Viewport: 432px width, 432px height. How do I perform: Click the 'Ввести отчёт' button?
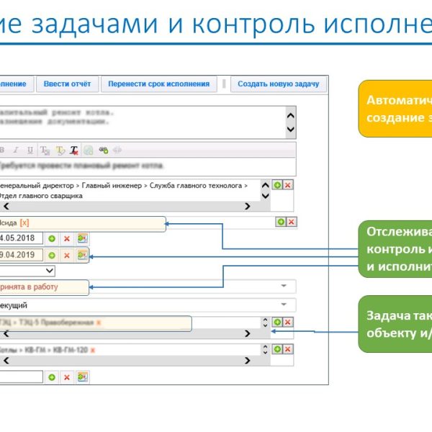point(67,84)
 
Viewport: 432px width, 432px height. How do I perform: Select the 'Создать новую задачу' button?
point(278,84)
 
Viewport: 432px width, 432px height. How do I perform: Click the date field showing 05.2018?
point(21,238)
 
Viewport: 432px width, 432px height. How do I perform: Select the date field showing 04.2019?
point(21,255)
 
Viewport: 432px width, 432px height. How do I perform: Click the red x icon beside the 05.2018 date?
point(67,238)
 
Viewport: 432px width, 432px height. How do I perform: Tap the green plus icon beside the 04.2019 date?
point(52,255)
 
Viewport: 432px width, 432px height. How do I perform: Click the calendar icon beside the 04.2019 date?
point(82,255)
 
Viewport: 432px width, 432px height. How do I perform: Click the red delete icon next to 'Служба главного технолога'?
point(287,185)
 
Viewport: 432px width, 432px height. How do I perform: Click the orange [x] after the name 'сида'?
point(25,223)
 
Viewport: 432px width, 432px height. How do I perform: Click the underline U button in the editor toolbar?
point(30,150)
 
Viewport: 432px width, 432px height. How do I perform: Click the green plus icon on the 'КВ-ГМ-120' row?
point(277,349)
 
